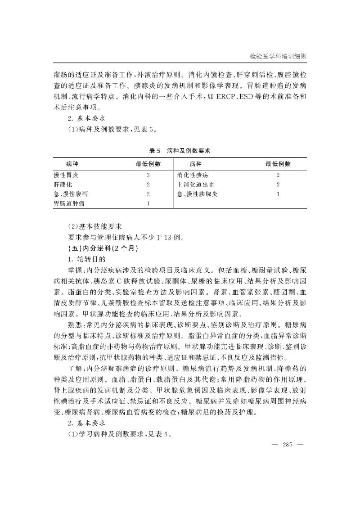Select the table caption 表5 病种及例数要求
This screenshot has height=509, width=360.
tap(180, 151)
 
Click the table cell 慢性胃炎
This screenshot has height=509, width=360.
tap(66, 175)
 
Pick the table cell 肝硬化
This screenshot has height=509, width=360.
tap(63, 185)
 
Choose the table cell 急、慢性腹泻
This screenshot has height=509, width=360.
tap(70, 194)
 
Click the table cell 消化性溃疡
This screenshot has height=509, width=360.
tap(193, 175)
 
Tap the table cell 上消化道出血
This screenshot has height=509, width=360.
tap(196, 185)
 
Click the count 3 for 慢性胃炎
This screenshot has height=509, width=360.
tap(148, 175)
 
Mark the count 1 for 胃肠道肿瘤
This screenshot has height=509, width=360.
tap(148, 204)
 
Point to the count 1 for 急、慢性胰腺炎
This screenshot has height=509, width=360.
tap(278, 194)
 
